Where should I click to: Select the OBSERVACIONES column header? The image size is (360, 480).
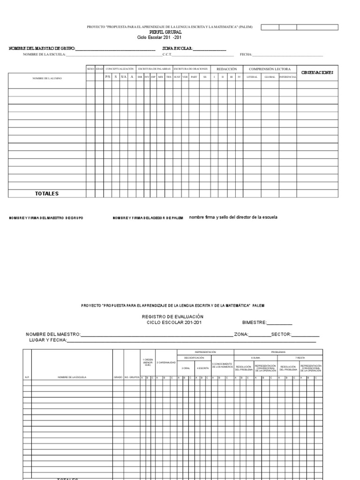coord(317,72)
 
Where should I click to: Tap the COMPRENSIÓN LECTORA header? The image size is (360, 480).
coord(270,69)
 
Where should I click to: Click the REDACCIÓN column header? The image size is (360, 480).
coord(226,69)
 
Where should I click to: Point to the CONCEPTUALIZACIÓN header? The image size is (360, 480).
coord(120,69)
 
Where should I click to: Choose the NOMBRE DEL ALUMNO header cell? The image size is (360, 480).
coord(47,78)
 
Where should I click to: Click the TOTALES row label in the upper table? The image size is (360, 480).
coord(47,194)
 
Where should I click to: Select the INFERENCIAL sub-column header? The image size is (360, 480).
coord(287,77)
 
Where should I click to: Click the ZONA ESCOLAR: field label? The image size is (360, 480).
coord(178,48)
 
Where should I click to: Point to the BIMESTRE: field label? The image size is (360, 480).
coord(254,322)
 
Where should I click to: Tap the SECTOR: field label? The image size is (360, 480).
coord(281,334)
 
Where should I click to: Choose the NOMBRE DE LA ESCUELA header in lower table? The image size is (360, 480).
coord(72,377)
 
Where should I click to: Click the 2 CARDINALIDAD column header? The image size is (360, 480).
coord(166,362)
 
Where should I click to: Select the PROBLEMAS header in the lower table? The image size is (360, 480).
coord(278,352)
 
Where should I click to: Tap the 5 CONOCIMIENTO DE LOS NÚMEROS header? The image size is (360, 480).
coord(223,365)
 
